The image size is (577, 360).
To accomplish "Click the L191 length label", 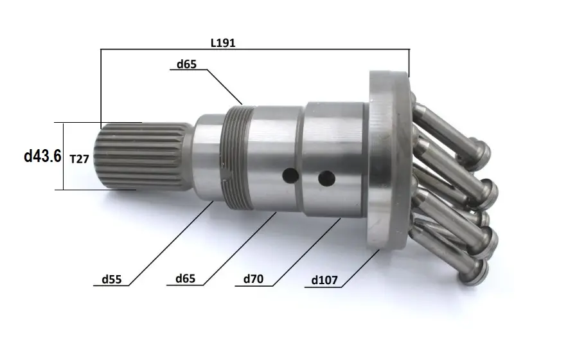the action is click(x=222, y=42).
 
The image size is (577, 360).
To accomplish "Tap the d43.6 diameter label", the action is click(x=42, y=156).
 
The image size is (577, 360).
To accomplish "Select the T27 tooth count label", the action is click(x=80, y=159).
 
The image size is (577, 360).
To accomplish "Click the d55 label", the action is click(x=112, y=280).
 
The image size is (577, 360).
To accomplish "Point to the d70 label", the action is click(x=254, y=278).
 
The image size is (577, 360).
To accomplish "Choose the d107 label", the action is click(x=324, y=280).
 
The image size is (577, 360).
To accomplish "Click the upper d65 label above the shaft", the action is click(x=186, y=64).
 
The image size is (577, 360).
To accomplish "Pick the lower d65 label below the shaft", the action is click(x=186, y=278).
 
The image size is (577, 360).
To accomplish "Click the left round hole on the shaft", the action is click(x=290, y=175).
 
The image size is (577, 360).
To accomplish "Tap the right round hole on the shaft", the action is click(x=326, y=179).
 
